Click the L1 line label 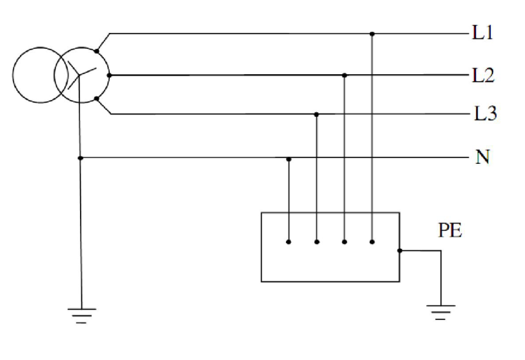pos(482,33)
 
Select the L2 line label pos(483,75)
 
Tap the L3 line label pos(486,114)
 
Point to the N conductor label pos(482,157)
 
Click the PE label pos(450,230)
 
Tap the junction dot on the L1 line pos(372,34)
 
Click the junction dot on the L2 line pos(345,75)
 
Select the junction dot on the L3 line pos(316,114)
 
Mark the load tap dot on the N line pos(289,159)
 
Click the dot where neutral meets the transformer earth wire pos(80,158)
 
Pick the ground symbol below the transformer pos(82,315)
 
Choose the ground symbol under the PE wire pos(440,312)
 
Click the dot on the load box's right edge pos(400,250)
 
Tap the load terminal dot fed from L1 pos(372,241)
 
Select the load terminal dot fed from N pos(289,241)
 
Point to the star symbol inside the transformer pos(80,75)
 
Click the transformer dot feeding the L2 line pos(109,75)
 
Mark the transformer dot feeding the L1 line pos(97,51)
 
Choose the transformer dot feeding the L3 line pos(97,99)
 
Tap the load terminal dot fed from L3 pos(316,241)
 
